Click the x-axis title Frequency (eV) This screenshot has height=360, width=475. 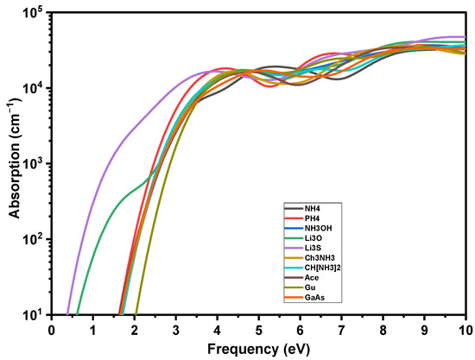tap(258, 350)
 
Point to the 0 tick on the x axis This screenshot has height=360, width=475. tap(52, 330)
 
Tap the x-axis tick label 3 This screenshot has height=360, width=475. tap(176, 330)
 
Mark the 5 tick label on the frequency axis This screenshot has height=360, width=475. tap(259, 330)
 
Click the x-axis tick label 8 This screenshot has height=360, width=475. tap(383, 330)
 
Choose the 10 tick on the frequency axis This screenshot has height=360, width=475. tap(465, 330)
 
